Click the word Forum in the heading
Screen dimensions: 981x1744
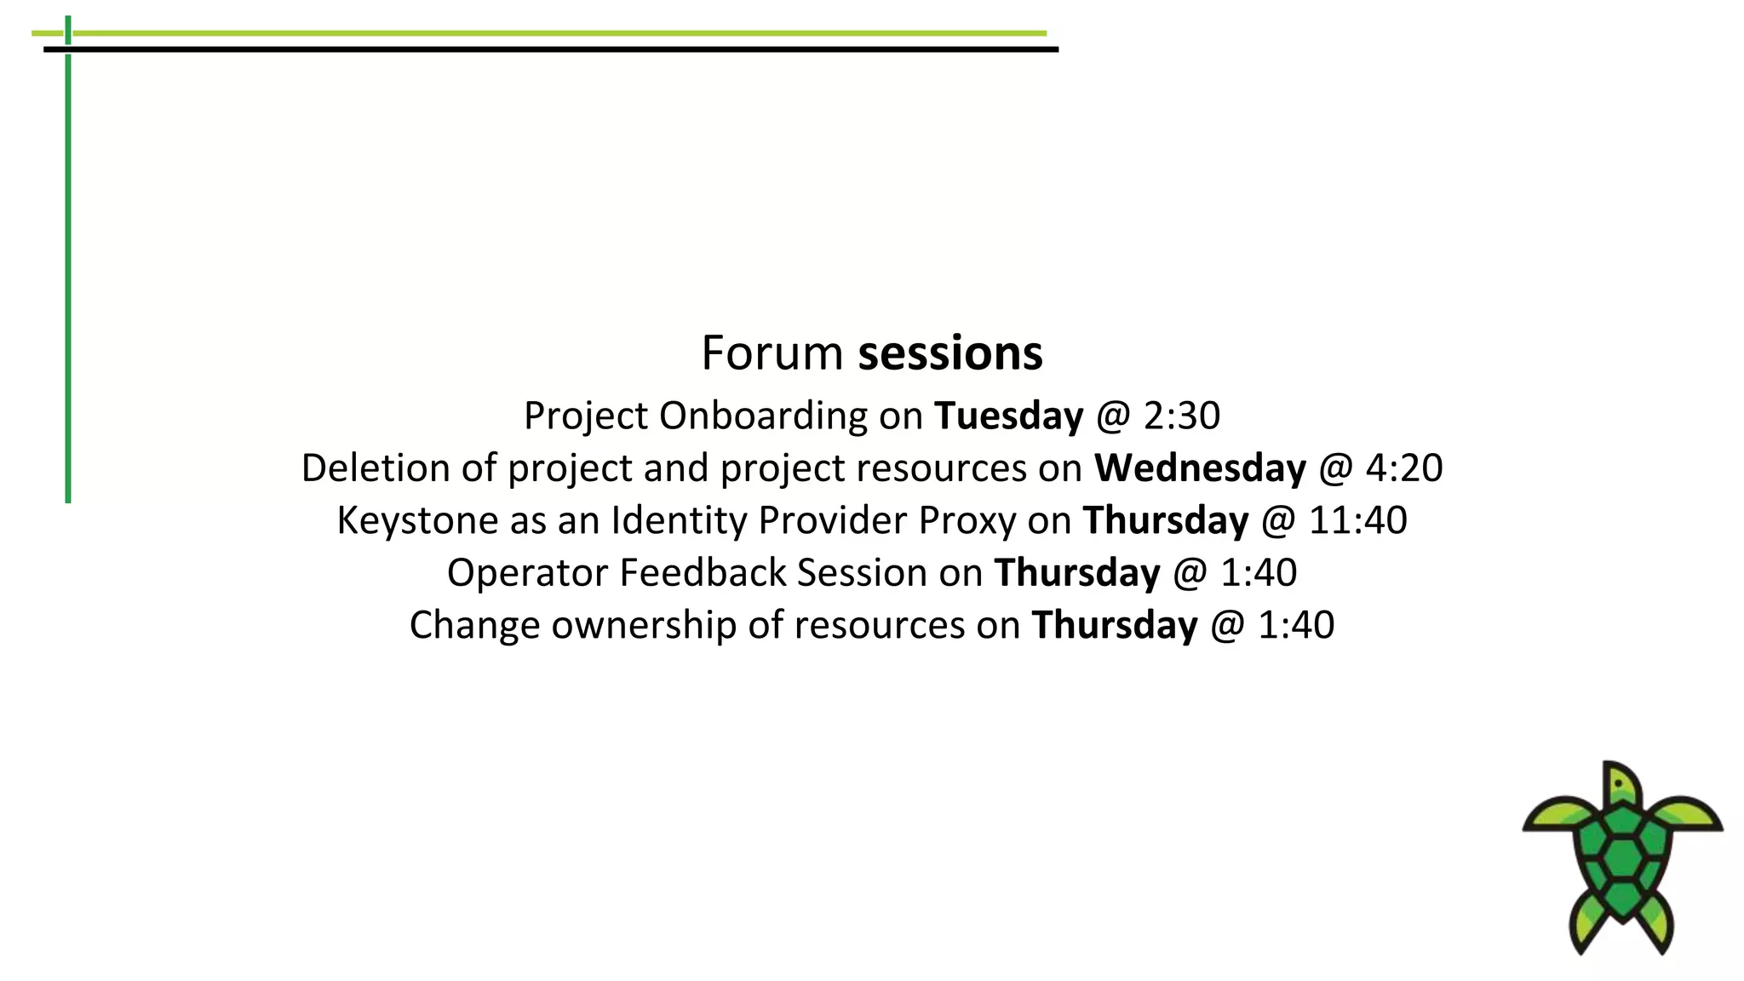point(772,353)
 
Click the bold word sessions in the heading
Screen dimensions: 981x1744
point(949,353)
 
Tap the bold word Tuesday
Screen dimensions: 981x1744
point(1008,416)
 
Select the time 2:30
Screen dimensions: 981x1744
point(1182,416)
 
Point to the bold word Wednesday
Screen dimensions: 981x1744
point(1200,468)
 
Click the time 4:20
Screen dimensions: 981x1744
point(1404,468)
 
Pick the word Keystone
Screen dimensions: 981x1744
point(417,520)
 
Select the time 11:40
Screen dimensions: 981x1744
point(1357,520)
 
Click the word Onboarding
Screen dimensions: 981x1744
point(763,416)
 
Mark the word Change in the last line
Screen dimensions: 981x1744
point(474,625)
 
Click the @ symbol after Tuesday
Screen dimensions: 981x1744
point(1113,416)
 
